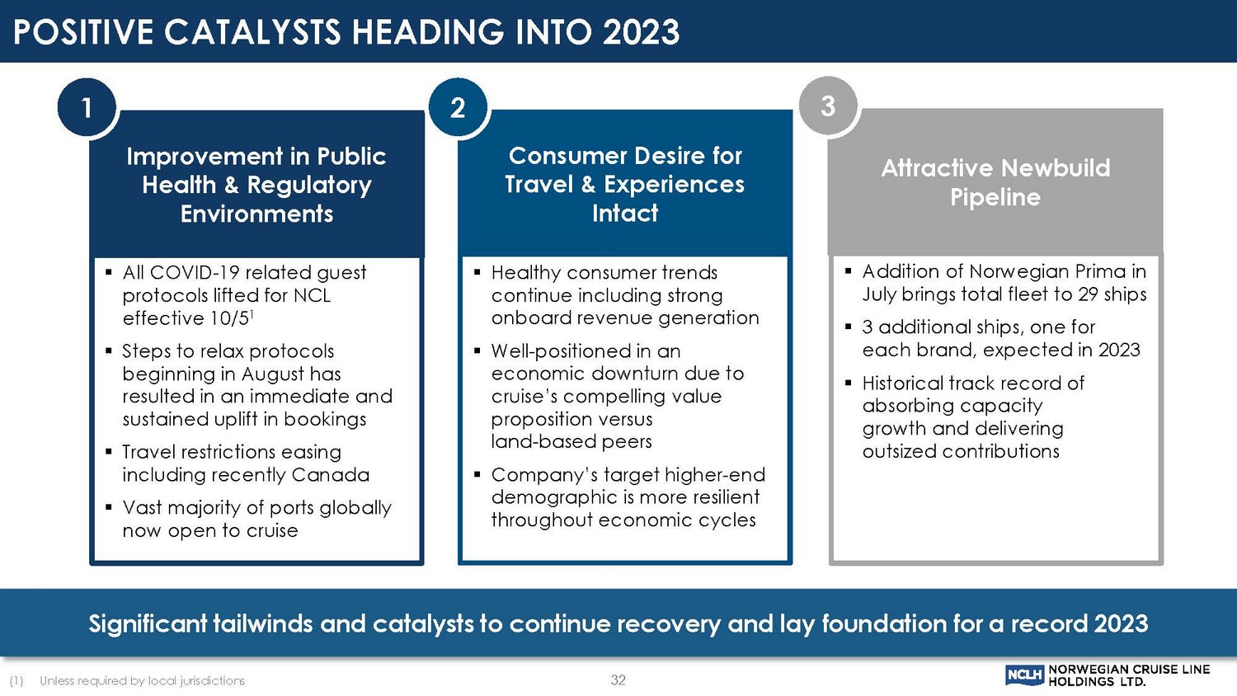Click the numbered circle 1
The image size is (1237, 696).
click(87, 107)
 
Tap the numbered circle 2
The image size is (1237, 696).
click(458, 107)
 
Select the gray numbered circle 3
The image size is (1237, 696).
click(828, 106)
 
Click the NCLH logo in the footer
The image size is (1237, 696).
click(1024, 675)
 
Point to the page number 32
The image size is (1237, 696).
click(618, 680)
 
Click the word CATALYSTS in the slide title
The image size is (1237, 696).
click(252, 31)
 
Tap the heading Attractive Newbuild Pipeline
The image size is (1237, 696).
click(995, 182)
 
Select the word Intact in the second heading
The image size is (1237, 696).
click(624, 214)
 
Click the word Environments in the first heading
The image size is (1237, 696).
click(256, 214)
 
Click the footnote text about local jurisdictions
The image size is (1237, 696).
click(142, 680)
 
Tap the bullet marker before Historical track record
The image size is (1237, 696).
click(849, 382)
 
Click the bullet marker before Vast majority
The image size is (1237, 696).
click(109, 506)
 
